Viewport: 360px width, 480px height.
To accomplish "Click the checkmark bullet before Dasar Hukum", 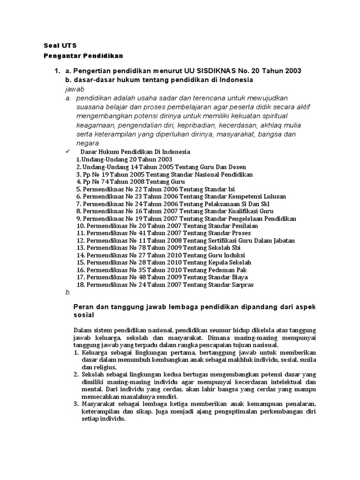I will click(68, 151).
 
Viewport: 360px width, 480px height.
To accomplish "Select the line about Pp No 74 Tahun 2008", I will click(130, 181).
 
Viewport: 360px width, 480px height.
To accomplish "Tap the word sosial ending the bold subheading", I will click(84, 315).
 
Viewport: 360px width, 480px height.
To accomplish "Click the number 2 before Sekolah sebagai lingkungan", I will click(77, 374).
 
